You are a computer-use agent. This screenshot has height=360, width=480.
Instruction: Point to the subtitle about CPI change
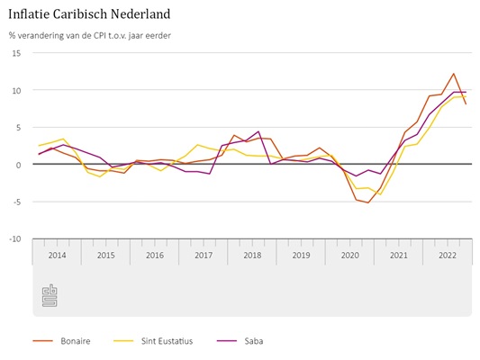point(90,36)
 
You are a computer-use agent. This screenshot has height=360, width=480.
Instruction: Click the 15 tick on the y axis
point(16,53)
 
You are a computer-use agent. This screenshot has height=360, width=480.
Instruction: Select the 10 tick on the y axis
point(16,90)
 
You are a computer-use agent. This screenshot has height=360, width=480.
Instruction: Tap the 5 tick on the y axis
point(18,128)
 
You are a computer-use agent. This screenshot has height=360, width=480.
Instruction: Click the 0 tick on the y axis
point(18,165)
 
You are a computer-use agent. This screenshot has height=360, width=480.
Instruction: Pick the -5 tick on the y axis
point(16,202)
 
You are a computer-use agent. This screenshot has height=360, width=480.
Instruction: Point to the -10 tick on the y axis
point(14,239)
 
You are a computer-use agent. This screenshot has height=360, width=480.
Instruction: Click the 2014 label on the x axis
point(58,255)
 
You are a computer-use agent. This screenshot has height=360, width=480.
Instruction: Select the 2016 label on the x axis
point(155,255)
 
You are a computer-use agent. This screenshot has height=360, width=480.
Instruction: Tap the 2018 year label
point(252,255)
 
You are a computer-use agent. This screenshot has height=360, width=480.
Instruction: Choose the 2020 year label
point(349,255)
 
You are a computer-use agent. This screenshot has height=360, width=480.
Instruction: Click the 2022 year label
point(447,255)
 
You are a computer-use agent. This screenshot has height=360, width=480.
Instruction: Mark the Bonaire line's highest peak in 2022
point(453,74)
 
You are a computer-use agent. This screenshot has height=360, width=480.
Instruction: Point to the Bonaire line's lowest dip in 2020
point(368,202)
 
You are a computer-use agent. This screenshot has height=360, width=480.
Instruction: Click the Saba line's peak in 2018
point(258,131)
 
